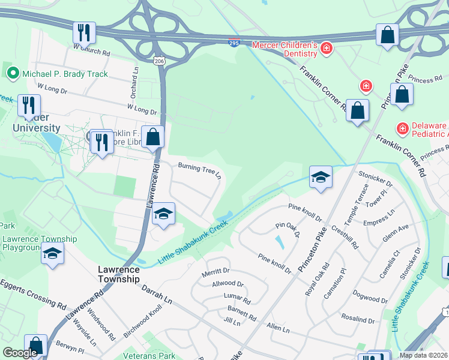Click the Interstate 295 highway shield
click(x=234, y=43)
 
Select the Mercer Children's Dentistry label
click(x=284, y=49)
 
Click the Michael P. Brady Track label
click(x=65, y=74)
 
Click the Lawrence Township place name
click(x=119, y=275)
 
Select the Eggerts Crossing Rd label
click(x=32, y=292)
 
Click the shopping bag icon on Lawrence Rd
click(x=154, y=137)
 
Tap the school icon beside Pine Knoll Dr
click(x=321, y=177)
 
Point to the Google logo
click(x=20, y=353)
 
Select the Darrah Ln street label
click(x=157, y=293)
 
